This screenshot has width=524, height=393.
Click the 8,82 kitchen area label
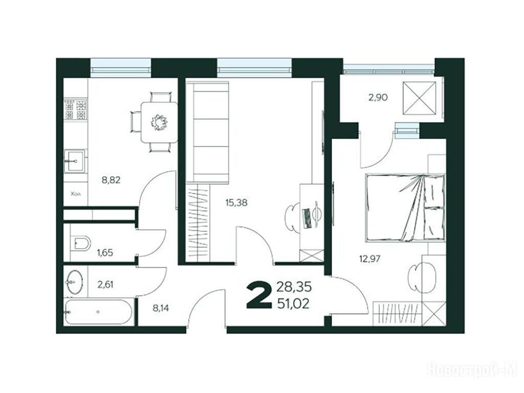coord(111,181)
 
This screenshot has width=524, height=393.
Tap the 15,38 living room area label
coord(236,203)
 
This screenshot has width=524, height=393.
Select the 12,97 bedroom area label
coord(370,258)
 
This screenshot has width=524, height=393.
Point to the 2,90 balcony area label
coord(379,98)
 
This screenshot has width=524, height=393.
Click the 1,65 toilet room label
coord(105,253)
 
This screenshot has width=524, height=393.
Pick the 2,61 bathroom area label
coord(105,285)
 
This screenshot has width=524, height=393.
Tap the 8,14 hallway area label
coord(161,308)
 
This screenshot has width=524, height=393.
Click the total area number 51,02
coord(293,303)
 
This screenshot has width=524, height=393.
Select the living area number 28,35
coord(294,287)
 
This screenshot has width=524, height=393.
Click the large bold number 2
coord(259,295)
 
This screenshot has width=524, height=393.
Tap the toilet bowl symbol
coord(80,243)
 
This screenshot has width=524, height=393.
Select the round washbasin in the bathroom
coord(75,282)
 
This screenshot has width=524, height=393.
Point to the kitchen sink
coord(75,161)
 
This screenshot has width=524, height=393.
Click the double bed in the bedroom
coord(405,207)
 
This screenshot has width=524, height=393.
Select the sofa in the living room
coord(208,133)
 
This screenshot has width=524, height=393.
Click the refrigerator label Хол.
coord(76,193)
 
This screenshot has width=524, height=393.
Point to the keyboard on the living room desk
coord(307,218)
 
